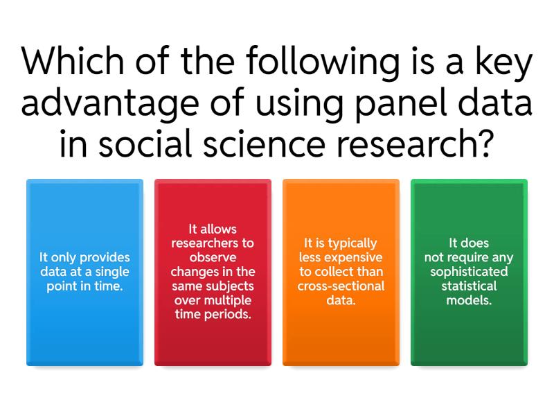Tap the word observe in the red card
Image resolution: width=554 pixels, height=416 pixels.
[213, 257]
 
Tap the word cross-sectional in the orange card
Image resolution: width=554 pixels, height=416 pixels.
[341, 286]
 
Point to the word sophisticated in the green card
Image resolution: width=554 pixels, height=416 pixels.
[469, 271]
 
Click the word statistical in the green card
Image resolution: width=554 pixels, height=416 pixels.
[469, 286]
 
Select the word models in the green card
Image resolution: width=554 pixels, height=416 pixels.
[469, 300]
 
